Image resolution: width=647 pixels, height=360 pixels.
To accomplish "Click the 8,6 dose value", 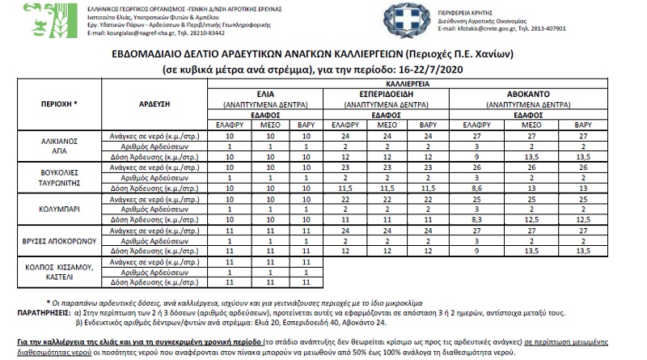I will [x=476, y=187].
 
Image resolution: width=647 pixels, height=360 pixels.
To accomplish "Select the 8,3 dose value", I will [x=476, y=218].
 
